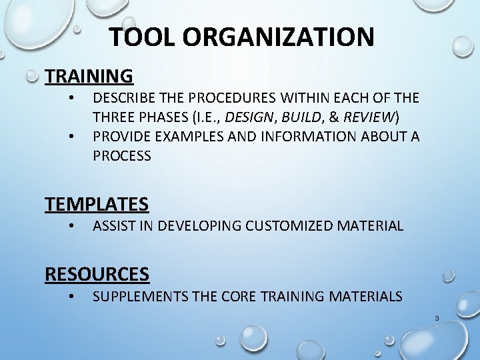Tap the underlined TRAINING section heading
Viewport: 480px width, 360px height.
tap(89, 75)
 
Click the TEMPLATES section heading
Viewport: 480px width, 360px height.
tap(97, 203)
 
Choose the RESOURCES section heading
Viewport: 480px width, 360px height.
tap(97, 273)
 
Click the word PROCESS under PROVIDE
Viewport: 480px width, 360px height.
tap(122, 156)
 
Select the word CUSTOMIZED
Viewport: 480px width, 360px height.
tap(291, 226)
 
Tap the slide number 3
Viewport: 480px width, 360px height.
tap(437, 319)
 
